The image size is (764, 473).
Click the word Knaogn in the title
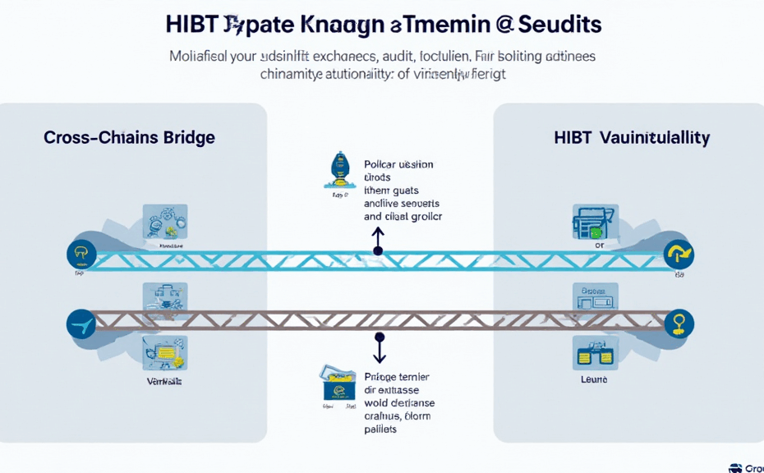(340, 23)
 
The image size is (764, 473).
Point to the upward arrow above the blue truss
(378, 241)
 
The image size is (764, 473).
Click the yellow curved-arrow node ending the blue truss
(679, 255)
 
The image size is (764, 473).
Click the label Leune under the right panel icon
(594, 380)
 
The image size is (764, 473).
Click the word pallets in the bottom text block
(380, 429)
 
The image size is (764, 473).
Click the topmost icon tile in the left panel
(165, 222)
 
